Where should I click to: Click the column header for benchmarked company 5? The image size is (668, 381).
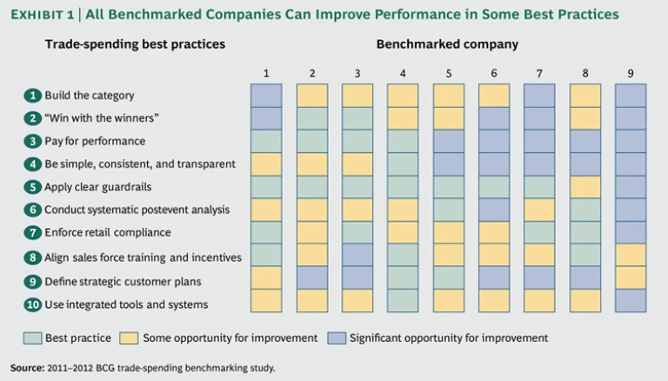[x=448, y=72]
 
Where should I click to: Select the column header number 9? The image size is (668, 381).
[x=631, y=72]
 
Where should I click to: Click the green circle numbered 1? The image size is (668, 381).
[x=32, y=95]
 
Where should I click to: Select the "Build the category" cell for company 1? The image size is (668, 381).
[x=266, y=95]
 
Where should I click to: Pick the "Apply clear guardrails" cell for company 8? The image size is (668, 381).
[x=584, y=186]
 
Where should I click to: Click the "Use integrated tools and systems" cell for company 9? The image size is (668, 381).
[x=631, y=300]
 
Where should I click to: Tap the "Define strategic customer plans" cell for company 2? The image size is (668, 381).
[x=311, y=277]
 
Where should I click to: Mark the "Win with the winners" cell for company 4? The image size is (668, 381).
[x=403, y=117]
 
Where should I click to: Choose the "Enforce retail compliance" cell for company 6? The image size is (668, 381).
[x=494, y=231]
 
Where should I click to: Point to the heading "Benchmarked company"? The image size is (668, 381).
[x=447, y=43]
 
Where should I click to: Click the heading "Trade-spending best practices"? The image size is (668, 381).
[x=135, y=43]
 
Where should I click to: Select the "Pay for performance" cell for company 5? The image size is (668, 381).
[x=448, y=140]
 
